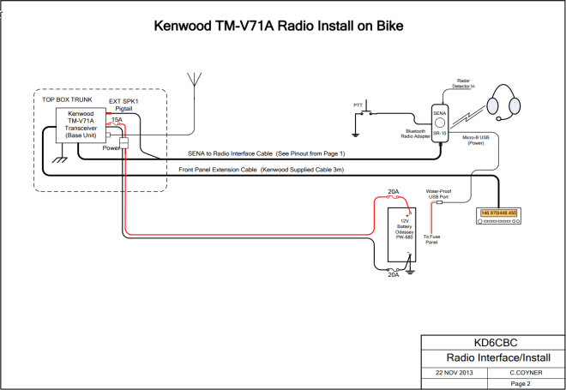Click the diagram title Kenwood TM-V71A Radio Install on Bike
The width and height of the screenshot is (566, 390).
click(278, 26)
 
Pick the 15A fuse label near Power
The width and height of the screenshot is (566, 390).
click(117, 120)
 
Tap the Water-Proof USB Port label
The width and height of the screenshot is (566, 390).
click(440, 194)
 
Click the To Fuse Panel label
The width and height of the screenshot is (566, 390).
click(431, 238)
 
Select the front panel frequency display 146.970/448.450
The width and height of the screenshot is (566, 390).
click(498, 212)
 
